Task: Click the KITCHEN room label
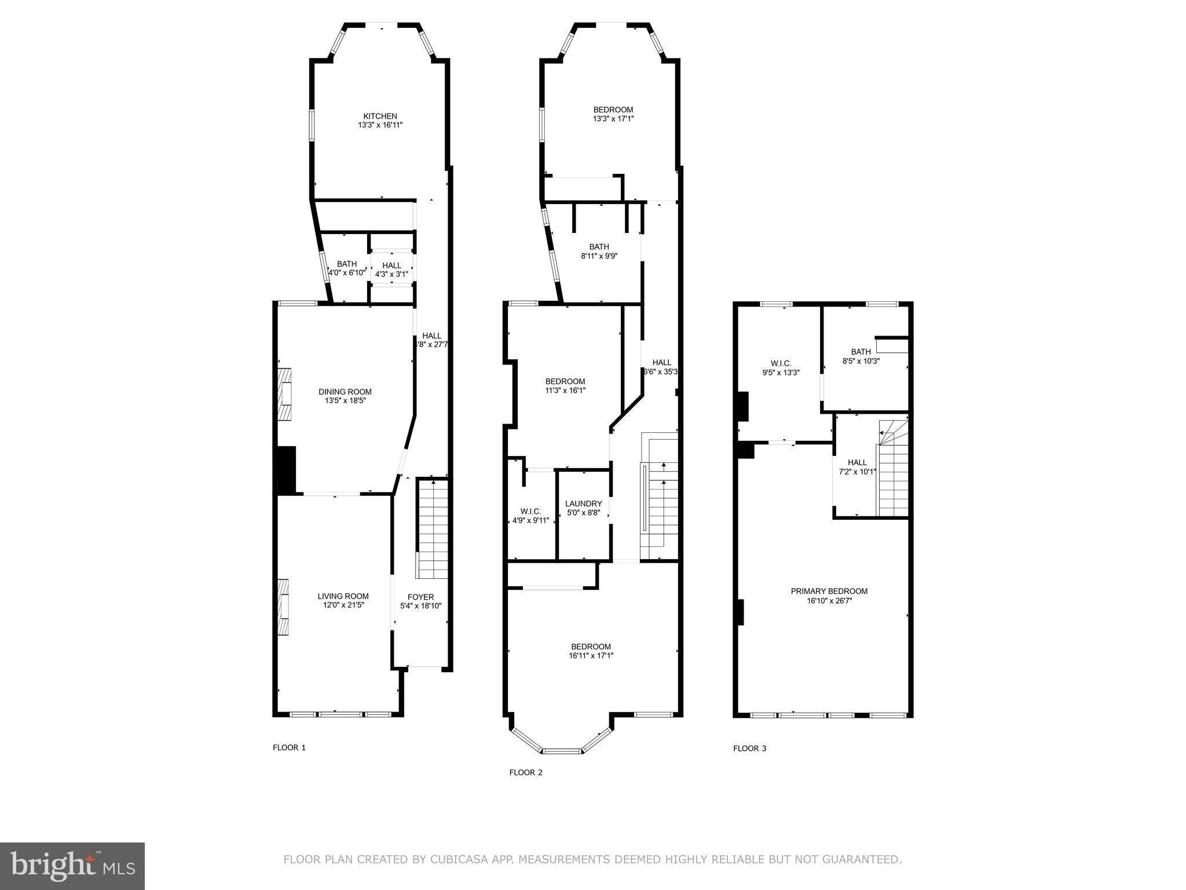380,116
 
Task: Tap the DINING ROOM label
345,392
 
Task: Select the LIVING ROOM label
343,596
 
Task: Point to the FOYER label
420,597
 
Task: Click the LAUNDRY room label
583,504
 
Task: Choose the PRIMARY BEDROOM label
829,591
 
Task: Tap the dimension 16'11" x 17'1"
591,656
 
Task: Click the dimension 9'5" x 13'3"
781,373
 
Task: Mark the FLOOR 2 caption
525,772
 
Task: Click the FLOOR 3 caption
749,748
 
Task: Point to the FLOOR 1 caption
289,747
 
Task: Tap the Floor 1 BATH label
347,264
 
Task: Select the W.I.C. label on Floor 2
530,511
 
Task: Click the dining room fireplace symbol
284,393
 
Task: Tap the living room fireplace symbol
284,607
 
